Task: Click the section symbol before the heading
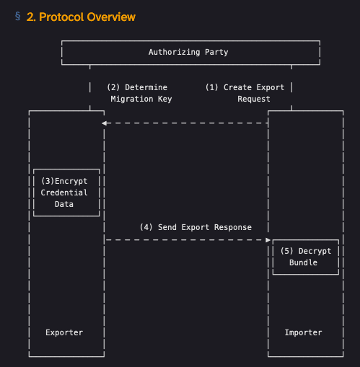18,16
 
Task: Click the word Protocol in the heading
61,17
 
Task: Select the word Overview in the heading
111,17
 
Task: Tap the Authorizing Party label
188,52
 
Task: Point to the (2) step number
113,87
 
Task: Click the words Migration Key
141,99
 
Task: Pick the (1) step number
211,87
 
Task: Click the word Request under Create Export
254,99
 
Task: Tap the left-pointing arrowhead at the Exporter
104,123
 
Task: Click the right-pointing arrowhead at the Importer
268,240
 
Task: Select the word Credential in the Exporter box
64,193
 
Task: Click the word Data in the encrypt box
64,204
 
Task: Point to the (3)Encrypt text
64,181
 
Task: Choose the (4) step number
146,227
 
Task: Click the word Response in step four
233,227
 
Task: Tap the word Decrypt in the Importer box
315,251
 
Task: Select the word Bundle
303,262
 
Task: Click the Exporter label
64,332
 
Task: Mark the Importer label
303,332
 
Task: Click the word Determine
146,87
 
